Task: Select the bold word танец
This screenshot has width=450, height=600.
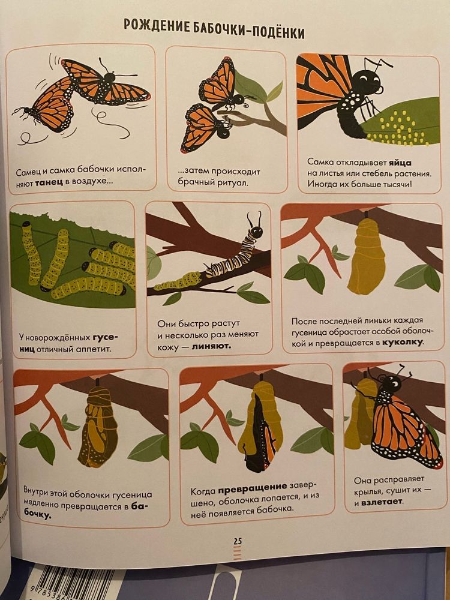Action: [x=49, y=182]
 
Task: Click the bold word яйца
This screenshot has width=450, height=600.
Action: [x=400, y=163]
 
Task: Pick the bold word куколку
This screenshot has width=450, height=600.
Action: [x=403, y=342]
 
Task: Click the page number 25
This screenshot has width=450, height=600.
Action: [x=238, y=541]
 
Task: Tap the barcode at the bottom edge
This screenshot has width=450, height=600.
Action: [x=73, y=584]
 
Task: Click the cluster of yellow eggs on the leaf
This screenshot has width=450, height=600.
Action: [x=397, y=129]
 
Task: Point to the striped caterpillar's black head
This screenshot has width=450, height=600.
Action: [x=256, y=231]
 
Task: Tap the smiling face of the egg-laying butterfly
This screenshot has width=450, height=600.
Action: [x=368, y=82]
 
